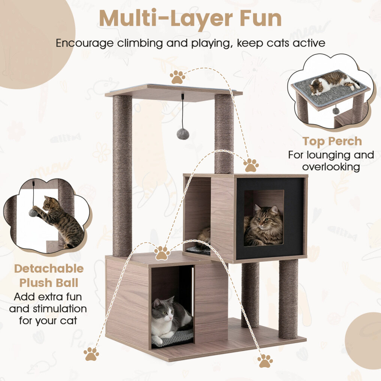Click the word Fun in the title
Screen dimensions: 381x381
click(x=261, y=18)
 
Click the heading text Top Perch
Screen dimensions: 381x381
click(x=332, y=141)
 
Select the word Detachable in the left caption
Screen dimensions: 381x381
click(x=49, y=269)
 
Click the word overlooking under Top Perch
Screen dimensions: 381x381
click(x=331, y=167)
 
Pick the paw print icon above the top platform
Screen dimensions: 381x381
click(x=177, y=77)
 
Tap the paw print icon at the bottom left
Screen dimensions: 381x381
click(x=91, y=354)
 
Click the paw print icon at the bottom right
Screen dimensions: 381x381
click(x=265, y=361)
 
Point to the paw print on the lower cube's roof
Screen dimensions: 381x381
click(x=162, y=253)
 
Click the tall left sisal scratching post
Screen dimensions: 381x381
click(x=122, y=175)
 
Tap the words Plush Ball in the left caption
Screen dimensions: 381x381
click(x=49, y=283)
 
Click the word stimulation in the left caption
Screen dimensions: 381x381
click(x=60, y=309)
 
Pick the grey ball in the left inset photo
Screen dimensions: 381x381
click(x=33, y=213)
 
